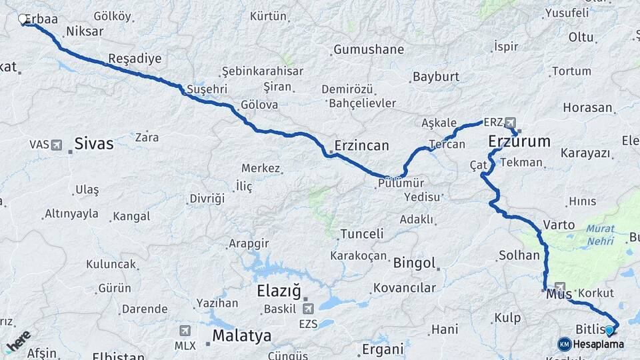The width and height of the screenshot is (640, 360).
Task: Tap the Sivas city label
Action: (94, 143)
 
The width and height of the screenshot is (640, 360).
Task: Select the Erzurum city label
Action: (519, 141)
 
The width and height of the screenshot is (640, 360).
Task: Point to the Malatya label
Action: (241, 335)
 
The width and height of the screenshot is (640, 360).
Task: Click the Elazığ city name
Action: (279, 291)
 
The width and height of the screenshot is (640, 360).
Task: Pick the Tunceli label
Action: (362, 234)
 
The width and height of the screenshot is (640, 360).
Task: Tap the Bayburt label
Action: (436, 77)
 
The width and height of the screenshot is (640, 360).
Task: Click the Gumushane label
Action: (369, 49)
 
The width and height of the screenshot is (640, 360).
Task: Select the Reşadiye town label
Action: (135, 59)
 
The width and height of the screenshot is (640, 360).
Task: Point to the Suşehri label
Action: (207, 89)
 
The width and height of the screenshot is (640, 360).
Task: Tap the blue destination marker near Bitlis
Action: (609, 330)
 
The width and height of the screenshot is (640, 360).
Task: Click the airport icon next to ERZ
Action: (511, 123)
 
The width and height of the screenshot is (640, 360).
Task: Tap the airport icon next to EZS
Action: (307, 309)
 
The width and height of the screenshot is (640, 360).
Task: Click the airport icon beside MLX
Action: (185, 330)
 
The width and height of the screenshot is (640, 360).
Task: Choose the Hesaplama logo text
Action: (599, 344)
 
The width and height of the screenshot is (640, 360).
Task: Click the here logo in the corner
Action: (17, 341)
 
